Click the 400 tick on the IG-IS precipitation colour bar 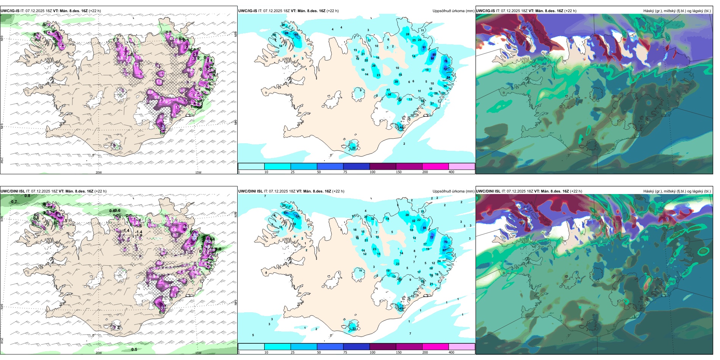point(451,172)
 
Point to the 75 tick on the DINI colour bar point(345,352)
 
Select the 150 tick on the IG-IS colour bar point(399,172)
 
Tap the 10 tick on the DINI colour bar point(266,352)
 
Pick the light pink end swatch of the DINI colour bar point(462,347)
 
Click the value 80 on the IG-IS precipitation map point(434,55)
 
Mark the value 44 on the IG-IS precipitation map point(402,128)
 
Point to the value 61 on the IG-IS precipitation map point(424,47)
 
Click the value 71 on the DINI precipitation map point(432,238)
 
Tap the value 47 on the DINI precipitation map point(401,308)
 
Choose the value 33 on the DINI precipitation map point(354,329)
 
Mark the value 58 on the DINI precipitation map point(424,228)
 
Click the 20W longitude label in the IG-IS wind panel point(99,172)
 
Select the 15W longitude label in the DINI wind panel point(198,353)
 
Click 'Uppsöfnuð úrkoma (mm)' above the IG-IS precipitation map point(453,11)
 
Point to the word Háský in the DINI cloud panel point(648,191)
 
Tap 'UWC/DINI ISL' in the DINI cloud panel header point(488,191)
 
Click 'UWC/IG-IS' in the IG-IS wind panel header point(10,11)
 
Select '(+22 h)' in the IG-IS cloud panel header point(570,11)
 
